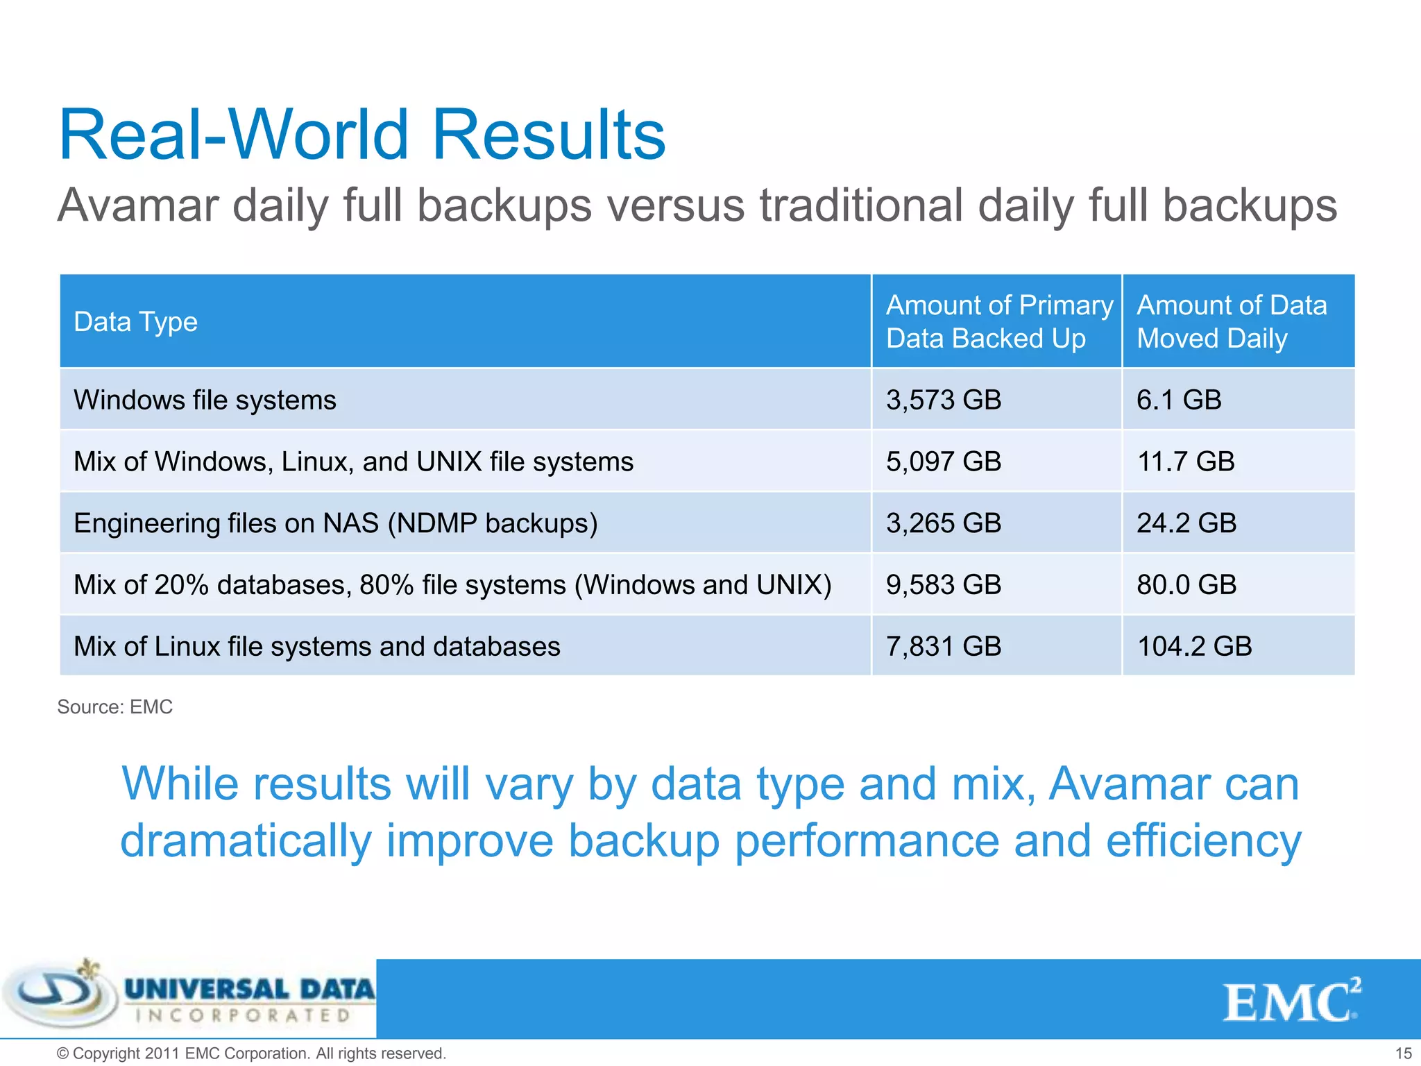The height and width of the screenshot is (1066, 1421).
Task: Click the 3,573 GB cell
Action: (x=943, y=400)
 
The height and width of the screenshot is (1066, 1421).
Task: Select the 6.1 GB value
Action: (x=1178, y=400)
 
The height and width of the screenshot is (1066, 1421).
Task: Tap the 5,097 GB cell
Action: (x=943, y=462)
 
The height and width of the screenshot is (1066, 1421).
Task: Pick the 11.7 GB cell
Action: (x=1185, y=462)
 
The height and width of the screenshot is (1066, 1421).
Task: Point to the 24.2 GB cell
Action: (x=1186, y=523)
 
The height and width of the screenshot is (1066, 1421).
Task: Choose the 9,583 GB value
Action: (x=943, y=585)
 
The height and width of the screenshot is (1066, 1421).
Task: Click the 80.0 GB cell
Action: (x=1186, y=585)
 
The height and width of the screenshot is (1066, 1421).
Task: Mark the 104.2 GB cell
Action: (x=1193, y=647)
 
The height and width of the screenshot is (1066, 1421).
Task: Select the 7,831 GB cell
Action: (x=943, y=647)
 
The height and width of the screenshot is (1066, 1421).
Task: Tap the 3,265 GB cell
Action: (x=943, y=523)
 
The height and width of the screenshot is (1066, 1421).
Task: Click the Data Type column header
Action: (x=136, y=322)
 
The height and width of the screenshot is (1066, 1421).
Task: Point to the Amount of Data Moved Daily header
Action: (x=1231, y=322)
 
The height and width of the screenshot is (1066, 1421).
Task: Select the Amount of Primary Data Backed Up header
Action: (x=998, y=322)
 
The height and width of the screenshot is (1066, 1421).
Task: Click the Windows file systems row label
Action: (x=205, y=400)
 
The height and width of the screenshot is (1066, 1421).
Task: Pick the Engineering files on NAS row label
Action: (x=335, y=523)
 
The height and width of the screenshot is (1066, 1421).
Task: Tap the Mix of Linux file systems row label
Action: (x=316, y=647)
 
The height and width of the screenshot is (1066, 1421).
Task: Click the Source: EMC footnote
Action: (x=114, y=707)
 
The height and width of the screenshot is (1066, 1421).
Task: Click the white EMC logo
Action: (x=1291, y=1001)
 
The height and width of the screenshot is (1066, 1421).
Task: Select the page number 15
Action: (x=1403, y=1054)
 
